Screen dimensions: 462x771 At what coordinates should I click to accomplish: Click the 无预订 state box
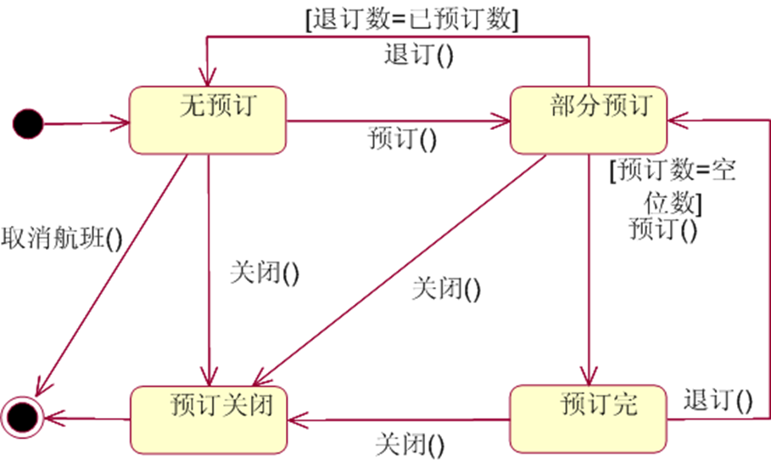coord(207,121)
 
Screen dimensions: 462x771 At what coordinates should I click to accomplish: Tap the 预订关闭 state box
coord(207,419)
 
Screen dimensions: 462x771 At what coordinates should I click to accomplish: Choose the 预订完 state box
coord(588,419)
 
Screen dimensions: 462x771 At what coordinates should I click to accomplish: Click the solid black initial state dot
coord(27,124)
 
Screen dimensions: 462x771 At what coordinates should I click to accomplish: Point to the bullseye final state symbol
coord(22,415)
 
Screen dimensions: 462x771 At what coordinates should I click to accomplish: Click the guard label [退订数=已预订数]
coord(413,19)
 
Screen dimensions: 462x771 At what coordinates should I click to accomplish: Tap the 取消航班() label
coord(62,239)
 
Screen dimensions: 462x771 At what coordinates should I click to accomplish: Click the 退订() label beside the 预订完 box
coord(718,399)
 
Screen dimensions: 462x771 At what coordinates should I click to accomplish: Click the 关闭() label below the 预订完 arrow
coord(411,443)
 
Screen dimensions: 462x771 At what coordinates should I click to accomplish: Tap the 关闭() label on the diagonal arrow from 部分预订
coord(446,289)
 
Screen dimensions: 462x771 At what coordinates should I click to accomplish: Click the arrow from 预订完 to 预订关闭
coord(399,420)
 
